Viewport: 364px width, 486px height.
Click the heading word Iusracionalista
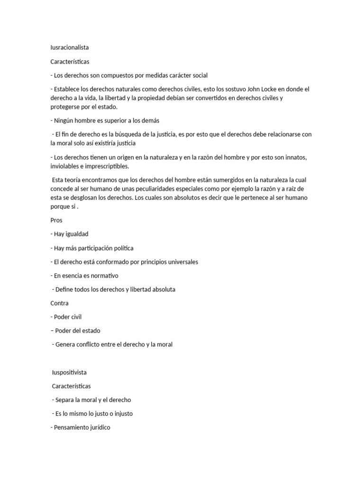[x=70, y=47]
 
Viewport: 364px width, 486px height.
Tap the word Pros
[x=56, y=220]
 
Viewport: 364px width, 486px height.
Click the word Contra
[x=60, y=303]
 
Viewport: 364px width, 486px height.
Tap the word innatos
[x=300, y=157]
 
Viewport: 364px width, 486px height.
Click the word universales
[x=182, y=262]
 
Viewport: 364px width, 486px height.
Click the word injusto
[x=120, y=413]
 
